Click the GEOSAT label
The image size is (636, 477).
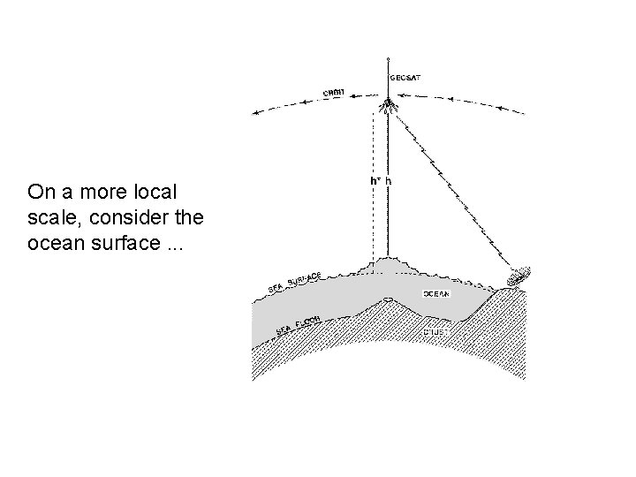[405, 78]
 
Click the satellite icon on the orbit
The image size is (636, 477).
[388, 108]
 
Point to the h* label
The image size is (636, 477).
[375, 182]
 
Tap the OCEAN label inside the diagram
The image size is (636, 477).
[435, 293]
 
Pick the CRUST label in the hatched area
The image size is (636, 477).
[435, 332]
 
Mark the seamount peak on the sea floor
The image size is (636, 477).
[388, 300]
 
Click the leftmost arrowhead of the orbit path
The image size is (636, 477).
[254, 112]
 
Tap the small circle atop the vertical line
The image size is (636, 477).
[388, 59]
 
